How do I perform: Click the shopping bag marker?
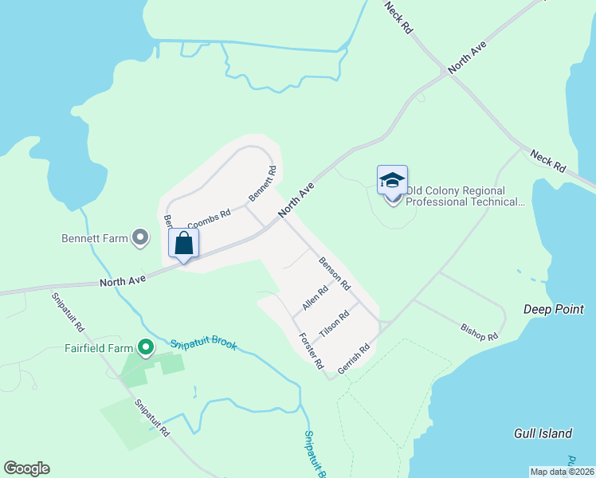tap(183, 245)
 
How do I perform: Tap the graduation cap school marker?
tap(392, 183)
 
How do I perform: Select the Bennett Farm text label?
tap(95, 237)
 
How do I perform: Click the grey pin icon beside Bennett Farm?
tap(140, 237)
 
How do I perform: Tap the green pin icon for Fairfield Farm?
tap(145, 347)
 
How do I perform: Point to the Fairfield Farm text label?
tap(98, 348)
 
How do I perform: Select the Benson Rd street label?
tap(335, 272)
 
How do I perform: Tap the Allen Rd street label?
tap(316, 299)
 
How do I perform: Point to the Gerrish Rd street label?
tap(355, 358)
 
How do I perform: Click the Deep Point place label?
tap(554, 309)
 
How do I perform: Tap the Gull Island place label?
tap(543, 433)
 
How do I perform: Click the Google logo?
tap(26, 468)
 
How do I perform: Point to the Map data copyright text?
tap(561, 472)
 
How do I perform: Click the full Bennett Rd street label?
tap(262, 182)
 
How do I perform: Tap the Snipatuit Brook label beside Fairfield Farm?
tap(203, 346)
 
